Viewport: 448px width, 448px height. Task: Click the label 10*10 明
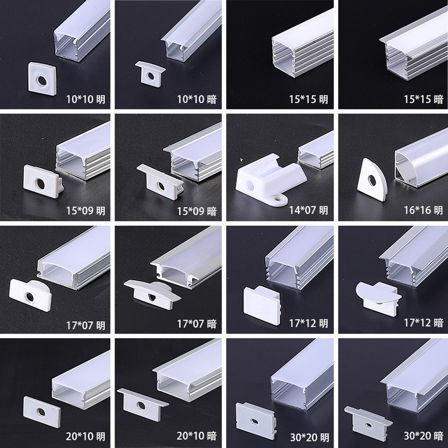click(x=86, y=99)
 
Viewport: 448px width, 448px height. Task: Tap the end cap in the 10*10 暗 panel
click(x=150, y=74)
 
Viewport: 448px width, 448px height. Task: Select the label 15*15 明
click(x=308, y=99)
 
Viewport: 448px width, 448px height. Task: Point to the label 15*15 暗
click(x=424, y=99)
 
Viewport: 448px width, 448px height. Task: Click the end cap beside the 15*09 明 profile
click(x=43, y=182)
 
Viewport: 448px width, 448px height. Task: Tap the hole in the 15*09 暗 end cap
click(x=161, y=187)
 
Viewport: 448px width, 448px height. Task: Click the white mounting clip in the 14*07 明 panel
click(x=270, y=179)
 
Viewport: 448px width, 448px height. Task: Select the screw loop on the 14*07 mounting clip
click(x=279, y=199)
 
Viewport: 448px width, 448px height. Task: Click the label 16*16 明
click(x=424, y=210)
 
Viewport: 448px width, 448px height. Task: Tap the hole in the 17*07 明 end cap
click(x=30, y=297)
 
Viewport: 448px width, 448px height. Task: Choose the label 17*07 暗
click(x=197, y=323)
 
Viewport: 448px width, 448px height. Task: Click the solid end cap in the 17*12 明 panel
click(x=262, y=305)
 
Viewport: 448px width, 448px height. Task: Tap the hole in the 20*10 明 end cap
click(x=41, y=412)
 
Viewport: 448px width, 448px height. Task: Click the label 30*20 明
click(x=310, y=438)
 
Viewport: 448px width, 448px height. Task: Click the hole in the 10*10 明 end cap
click(x=42, y=80)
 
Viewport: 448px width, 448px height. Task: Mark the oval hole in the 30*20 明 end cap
click(x=254, y=422)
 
